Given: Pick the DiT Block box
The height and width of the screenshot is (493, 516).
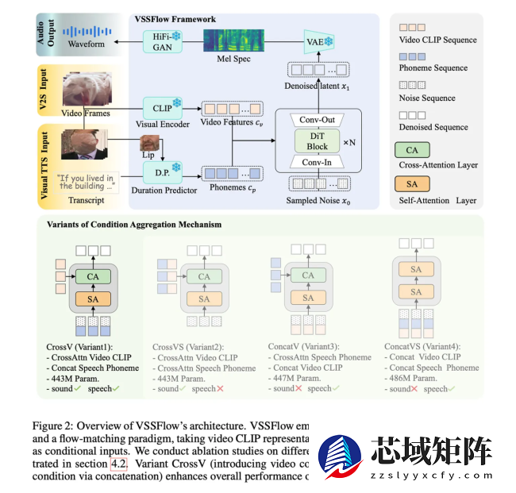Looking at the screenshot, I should point(317,141).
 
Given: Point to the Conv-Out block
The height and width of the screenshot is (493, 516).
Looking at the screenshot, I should point(317,119).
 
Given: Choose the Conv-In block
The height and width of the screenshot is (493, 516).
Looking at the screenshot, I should point(317,162).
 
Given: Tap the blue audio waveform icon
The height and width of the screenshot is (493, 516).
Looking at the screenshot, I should point(86,31).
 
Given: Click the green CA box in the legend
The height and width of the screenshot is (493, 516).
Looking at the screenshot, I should point(411,149).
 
